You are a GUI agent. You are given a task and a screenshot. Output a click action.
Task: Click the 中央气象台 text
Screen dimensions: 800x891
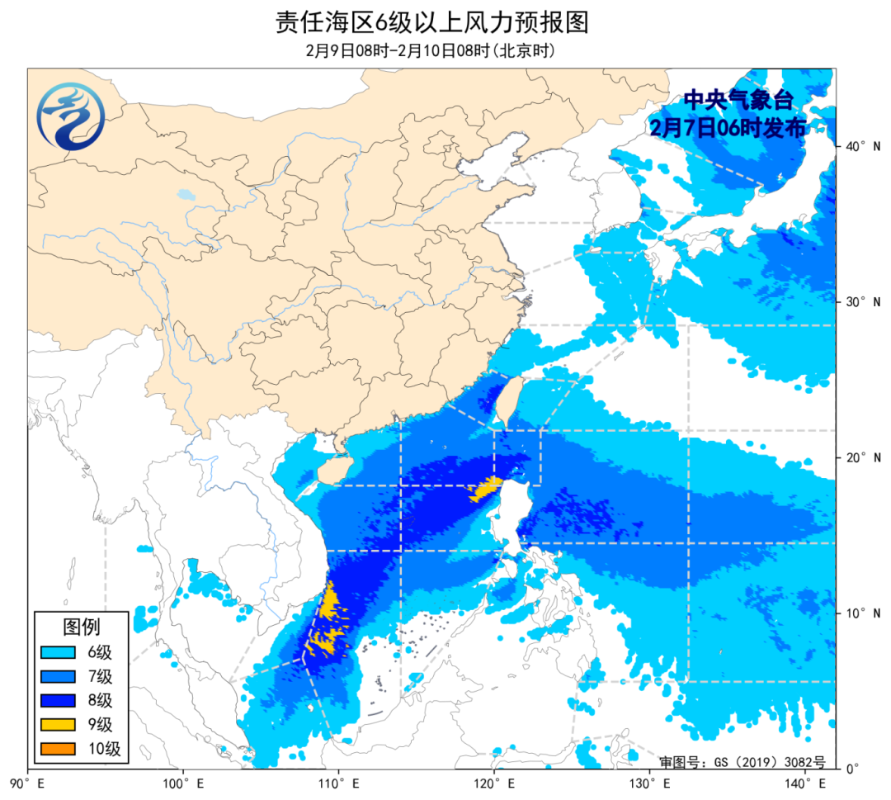(738, 101)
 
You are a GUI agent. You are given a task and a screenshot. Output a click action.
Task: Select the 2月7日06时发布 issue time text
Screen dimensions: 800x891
(727, 127)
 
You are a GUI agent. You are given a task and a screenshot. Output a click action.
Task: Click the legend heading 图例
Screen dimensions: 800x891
(81, 627)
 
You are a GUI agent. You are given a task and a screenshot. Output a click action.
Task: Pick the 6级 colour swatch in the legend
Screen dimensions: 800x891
(59, 653)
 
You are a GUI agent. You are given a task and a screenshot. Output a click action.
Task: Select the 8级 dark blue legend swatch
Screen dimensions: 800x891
(59, 701)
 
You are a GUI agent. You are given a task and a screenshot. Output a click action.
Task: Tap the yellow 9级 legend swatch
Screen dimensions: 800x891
(59, 725)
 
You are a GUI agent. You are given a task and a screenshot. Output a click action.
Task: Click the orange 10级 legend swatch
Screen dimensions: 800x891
(59, 749)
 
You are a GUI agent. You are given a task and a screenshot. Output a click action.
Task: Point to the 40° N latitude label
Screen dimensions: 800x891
(862, 146)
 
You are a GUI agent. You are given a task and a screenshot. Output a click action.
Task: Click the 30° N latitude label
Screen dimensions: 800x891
(862, 302)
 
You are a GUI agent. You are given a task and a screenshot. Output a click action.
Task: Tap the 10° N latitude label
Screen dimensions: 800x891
(862, 613)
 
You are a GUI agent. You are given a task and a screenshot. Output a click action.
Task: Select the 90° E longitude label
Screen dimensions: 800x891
(27, 783)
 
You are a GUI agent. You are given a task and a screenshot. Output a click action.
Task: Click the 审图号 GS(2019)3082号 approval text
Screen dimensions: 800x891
(742, 761)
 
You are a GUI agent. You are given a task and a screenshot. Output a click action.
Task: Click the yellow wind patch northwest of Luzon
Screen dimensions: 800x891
(485, 489)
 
